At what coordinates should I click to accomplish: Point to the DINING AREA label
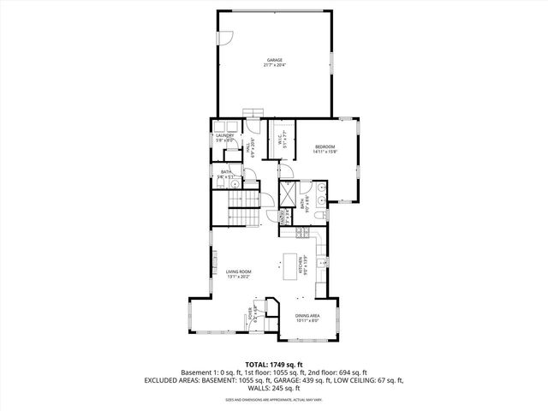(307, 318)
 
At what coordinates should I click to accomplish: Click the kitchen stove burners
(301, 233)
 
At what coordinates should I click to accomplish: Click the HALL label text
(250, 148)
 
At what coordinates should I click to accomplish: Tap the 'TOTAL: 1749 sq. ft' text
(274, 363)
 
